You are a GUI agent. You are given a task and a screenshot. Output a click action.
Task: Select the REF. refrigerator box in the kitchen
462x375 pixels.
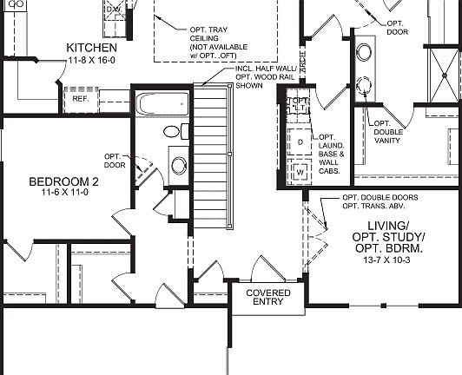point(82,99)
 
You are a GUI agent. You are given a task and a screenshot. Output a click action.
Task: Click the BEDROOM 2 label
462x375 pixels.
point(64,181)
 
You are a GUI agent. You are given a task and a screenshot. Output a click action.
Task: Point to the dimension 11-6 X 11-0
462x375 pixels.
point(64,194)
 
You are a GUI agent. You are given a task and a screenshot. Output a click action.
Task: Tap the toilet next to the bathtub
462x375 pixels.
point(175,132)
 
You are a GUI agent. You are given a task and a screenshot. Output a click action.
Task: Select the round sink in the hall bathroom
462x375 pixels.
point(179,166)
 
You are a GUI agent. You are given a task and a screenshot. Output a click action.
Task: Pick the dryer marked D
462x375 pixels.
point(300,141)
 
